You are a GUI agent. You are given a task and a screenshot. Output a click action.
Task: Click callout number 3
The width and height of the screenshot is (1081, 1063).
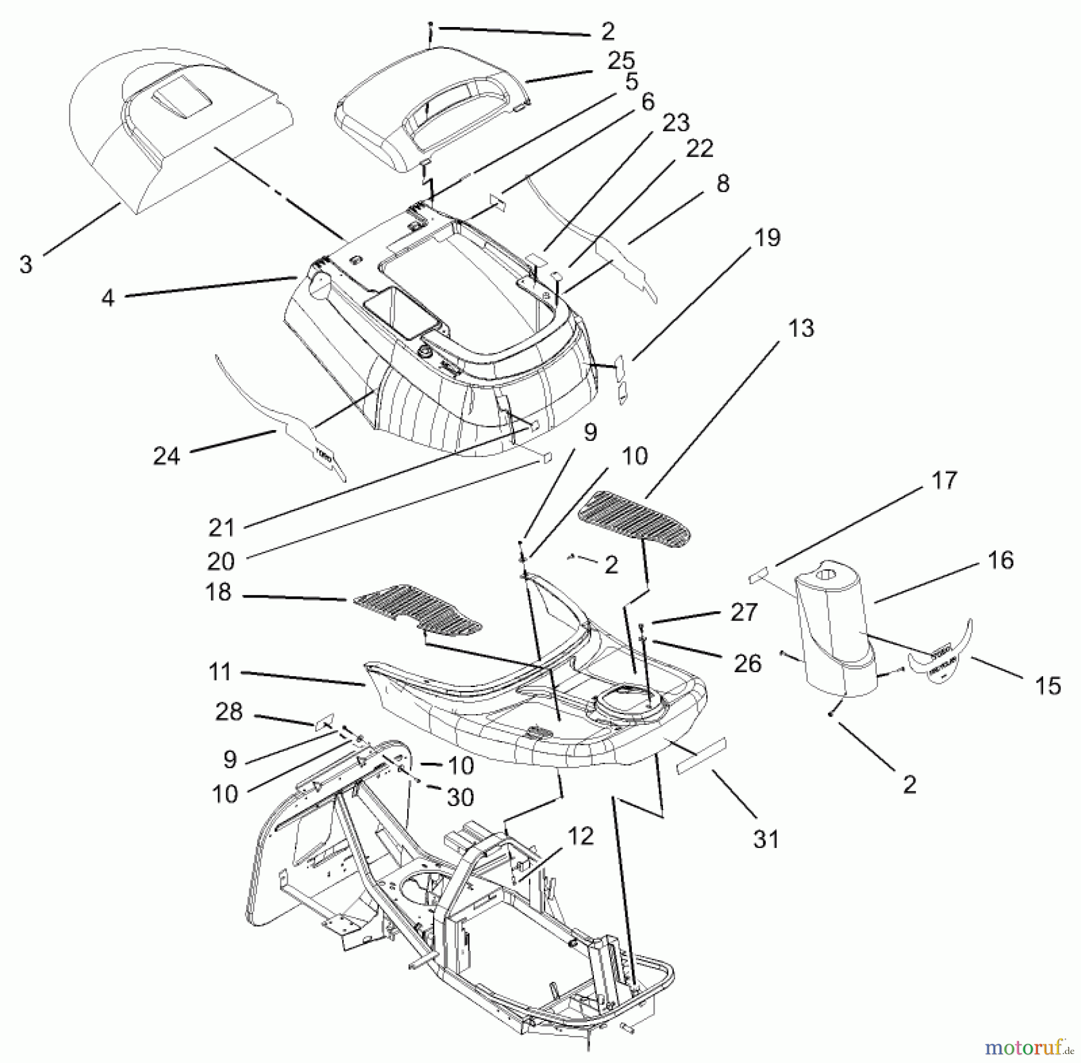[26, 264]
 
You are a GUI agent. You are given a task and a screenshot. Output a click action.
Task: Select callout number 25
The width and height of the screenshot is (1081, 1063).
[621, 61]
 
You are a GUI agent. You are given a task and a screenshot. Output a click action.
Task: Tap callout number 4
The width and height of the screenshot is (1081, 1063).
[107, 297]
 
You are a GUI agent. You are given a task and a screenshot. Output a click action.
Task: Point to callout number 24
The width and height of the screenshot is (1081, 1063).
[166, 456]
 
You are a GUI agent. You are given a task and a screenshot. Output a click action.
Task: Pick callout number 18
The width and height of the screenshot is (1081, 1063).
[218, 592]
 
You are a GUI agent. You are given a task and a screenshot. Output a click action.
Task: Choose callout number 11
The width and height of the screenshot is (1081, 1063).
[220, 671]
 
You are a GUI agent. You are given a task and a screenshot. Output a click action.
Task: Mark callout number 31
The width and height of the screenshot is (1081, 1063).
[766, 839]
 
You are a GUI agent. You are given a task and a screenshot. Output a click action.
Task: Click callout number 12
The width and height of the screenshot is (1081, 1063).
[580, 836]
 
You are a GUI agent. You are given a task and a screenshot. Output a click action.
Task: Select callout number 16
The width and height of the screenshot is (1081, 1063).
[1000, 560]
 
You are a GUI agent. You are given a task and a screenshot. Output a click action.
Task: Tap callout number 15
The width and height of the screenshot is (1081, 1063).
[1048, 686]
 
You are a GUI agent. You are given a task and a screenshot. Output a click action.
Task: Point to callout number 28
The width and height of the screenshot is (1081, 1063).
[228, 712]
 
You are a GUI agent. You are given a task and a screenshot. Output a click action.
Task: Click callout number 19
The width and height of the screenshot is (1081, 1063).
[767, 238]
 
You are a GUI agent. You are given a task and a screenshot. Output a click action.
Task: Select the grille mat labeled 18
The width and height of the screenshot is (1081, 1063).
[417, 611]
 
